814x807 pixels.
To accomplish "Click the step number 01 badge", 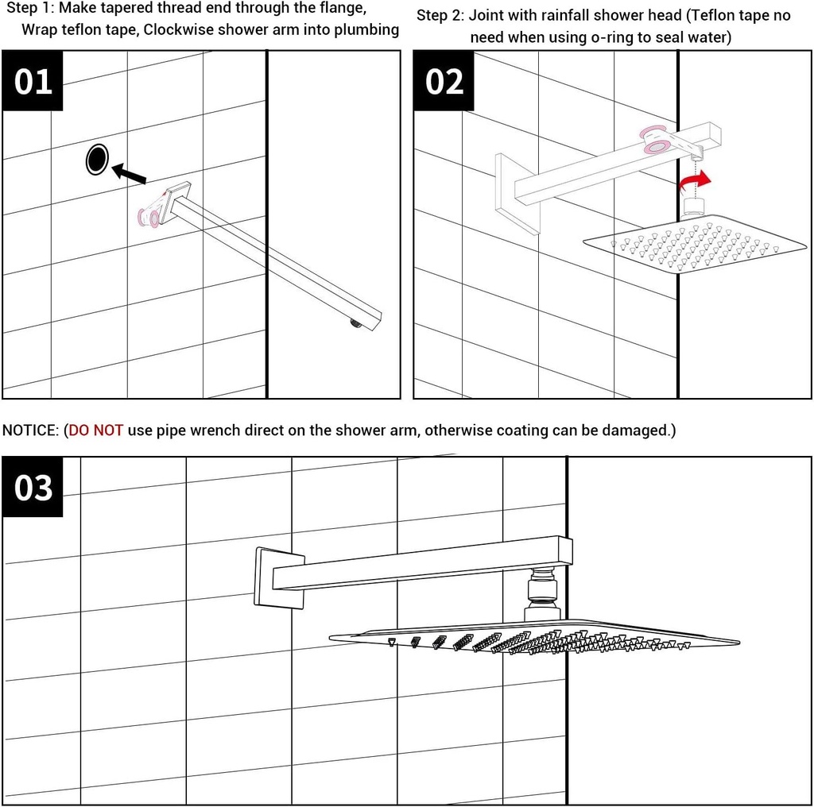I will point(33,81).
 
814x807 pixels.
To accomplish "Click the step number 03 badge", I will point(33,487).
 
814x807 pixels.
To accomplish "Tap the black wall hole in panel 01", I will point(96,160).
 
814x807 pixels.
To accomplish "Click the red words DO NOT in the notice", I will point(96,431).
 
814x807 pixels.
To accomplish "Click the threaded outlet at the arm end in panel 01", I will point(355,322).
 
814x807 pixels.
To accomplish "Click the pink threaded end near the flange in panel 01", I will point(149,214).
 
